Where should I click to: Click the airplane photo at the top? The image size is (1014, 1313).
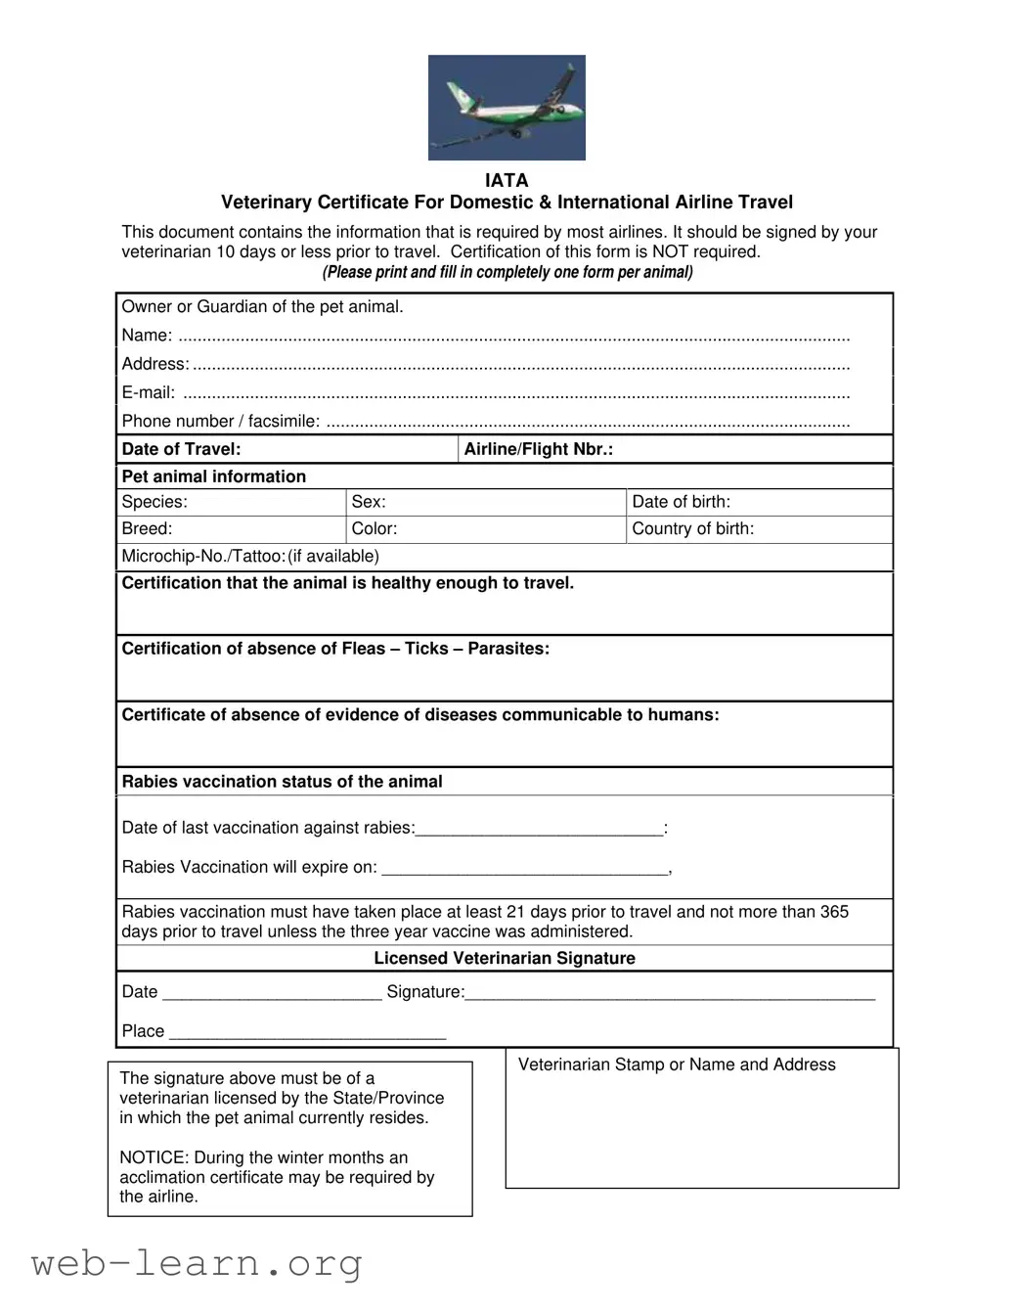[507, 108]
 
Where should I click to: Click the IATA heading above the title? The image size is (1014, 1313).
[507, 180]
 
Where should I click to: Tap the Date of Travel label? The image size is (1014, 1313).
[181, 449]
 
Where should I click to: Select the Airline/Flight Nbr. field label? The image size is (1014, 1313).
[538, 449]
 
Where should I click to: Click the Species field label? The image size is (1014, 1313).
[154, 502]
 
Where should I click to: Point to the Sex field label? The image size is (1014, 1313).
[369, 502]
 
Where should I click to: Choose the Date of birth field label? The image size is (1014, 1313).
[681, 502]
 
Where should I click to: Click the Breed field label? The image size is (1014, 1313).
[147, 528]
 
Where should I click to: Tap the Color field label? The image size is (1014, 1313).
[375, 528]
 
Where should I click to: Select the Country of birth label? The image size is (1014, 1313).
[692, 528]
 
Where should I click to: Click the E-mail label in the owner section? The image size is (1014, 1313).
[149, 393]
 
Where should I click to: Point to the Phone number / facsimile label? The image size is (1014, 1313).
[220, 421]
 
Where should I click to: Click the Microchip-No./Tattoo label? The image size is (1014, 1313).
[203, 556]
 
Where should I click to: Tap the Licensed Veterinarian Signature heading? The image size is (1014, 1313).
[505, 958]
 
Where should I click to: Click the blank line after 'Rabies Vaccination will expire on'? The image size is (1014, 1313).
[524, 869]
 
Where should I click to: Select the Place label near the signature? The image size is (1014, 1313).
[143, 1031]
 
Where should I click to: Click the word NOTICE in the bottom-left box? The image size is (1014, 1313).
[153, 1157]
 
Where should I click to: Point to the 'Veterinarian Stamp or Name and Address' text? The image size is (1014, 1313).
[677, 1064]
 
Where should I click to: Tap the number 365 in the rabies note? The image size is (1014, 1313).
[834, 912]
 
